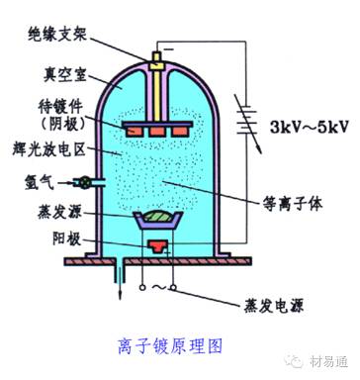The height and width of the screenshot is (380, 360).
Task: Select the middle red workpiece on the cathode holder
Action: tap(155, 128)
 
